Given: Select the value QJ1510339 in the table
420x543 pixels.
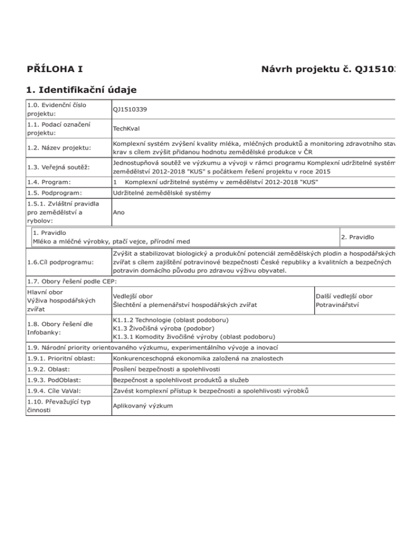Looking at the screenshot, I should click(x=131, y=109).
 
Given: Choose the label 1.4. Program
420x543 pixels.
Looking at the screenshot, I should click(x=48, y=181).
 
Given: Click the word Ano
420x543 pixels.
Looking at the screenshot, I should click(x=119, y=214).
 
